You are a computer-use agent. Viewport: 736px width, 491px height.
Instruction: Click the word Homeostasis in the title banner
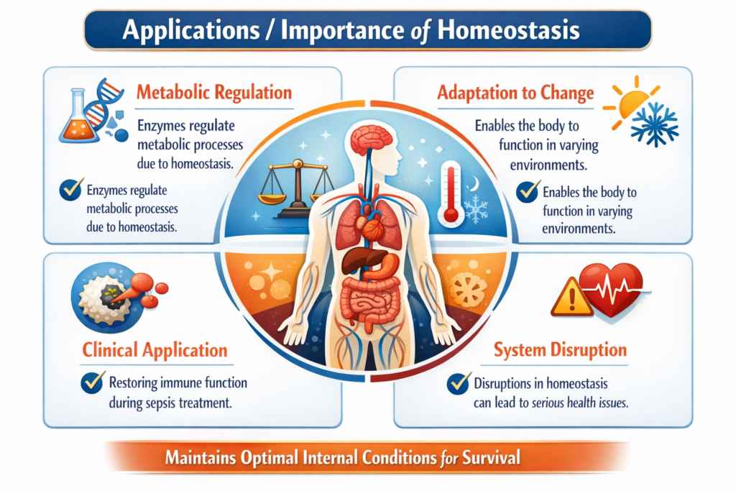coord(508,30)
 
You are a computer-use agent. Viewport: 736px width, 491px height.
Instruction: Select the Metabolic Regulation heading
coord(214,93)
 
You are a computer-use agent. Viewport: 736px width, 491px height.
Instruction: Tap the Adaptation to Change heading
coord(515,93)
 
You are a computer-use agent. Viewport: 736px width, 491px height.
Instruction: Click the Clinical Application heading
coord(155,350)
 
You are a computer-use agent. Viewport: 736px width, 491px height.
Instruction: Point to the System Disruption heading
coord(560,349)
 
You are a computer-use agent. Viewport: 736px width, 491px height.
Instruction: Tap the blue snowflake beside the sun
coord(654,124)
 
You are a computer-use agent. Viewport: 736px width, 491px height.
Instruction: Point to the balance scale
coord(297,188)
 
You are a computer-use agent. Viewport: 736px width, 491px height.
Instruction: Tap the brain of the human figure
coord(372,139)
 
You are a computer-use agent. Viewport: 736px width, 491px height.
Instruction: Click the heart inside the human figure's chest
coord(371,225)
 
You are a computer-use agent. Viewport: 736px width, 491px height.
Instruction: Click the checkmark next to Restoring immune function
coord(93,382)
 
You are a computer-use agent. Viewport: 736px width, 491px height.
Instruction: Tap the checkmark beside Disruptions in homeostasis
coord(458,384)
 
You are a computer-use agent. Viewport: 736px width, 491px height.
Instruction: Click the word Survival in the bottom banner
coord(491,457)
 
